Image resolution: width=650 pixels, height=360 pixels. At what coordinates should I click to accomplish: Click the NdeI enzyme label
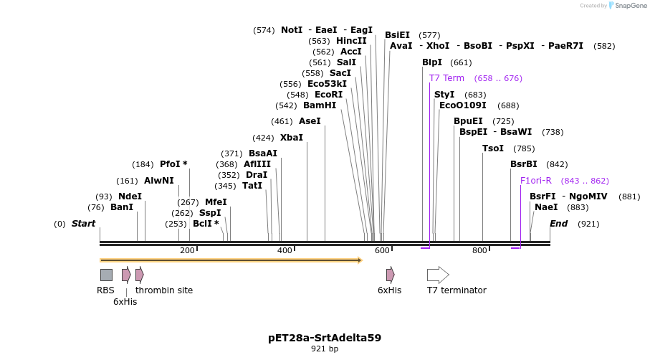point(130,196)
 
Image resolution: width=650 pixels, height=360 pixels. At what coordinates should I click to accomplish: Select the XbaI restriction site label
point(291,138)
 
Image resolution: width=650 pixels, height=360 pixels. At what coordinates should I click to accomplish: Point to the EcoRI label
point(328,95)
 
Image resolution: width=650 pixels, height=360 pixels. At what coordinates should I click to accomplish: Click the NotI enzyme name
point(292,30)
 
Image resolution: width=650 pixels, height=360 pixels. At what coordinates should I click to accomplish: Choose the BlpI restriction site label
point(432,62)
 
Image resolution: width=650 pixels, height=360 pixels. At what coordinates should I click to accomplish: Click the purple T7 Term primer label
point(446,78)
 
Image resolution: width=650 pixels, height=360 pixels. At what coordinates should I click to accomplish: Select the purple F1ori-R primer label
point(536,181)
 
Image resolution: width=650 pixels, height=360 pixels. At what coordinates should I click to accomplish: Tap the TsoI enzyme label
point(493,148)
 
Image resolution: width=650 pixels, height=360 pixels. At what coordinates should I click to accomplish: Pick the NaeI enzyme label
point(546,207)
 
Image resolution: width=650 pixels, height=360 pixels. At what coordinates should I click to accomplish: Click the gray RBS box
point(106,275)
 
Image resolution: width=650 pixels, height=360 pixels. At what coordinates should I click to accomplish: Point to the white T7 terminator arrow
point(438,275)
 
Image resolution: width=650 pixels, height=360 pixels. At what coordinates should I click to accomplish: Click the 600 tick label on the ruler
point(381,250)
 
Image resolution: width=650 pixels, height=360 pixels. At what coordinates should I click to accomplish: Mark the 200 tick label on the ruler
point(187,250)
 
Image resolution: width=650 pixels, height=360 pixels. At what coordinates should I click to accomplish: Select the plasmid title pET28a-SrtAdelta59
point(325,337)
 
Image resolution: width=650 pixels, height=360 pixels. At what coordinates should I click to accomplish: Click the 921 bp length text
point(325,349)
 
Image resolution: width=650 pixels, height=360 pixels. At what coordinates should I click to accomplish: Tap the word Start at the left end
point(83,224)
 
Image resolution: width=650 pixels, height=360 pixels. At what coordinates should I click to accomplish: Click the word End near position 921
point(558,224)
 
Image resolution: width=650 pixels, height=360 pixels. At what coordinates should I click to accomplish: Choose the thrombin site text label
point(164,290)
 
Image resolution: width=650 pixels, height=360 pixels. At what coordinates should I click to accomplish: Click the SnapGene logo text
point(629,6)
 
